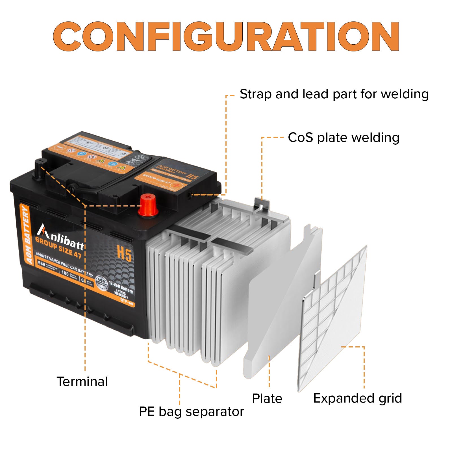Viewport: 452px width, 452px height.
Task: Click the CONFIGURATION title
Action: point(226,36)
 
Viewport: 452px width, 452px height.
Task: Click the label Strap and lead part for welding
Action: point(334,94)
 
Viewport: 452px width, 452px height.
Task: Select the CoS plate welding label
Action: point(344,138)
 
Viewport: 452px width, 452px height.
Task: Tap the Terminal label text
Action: point(82,381)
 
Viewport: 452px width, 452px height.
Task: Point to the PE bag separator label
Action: point(191,412)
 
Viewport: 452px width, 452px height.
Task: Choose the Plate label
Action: point(267,399)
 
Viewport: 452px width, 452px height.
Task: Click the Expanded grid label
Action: point(357,398)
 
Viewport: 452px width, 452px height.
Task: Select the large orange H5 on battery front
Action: point(124,253)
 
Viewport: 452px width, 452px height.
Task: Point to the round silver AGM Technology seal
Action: point(102,283)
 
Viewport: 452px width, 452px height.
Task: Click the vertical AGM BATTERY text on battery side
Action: point(26,235)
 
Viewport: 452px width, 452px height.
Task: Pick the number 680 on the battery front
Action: point(42,264)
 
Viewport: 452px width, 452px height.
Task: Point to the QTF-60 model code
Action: point(127,302)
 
